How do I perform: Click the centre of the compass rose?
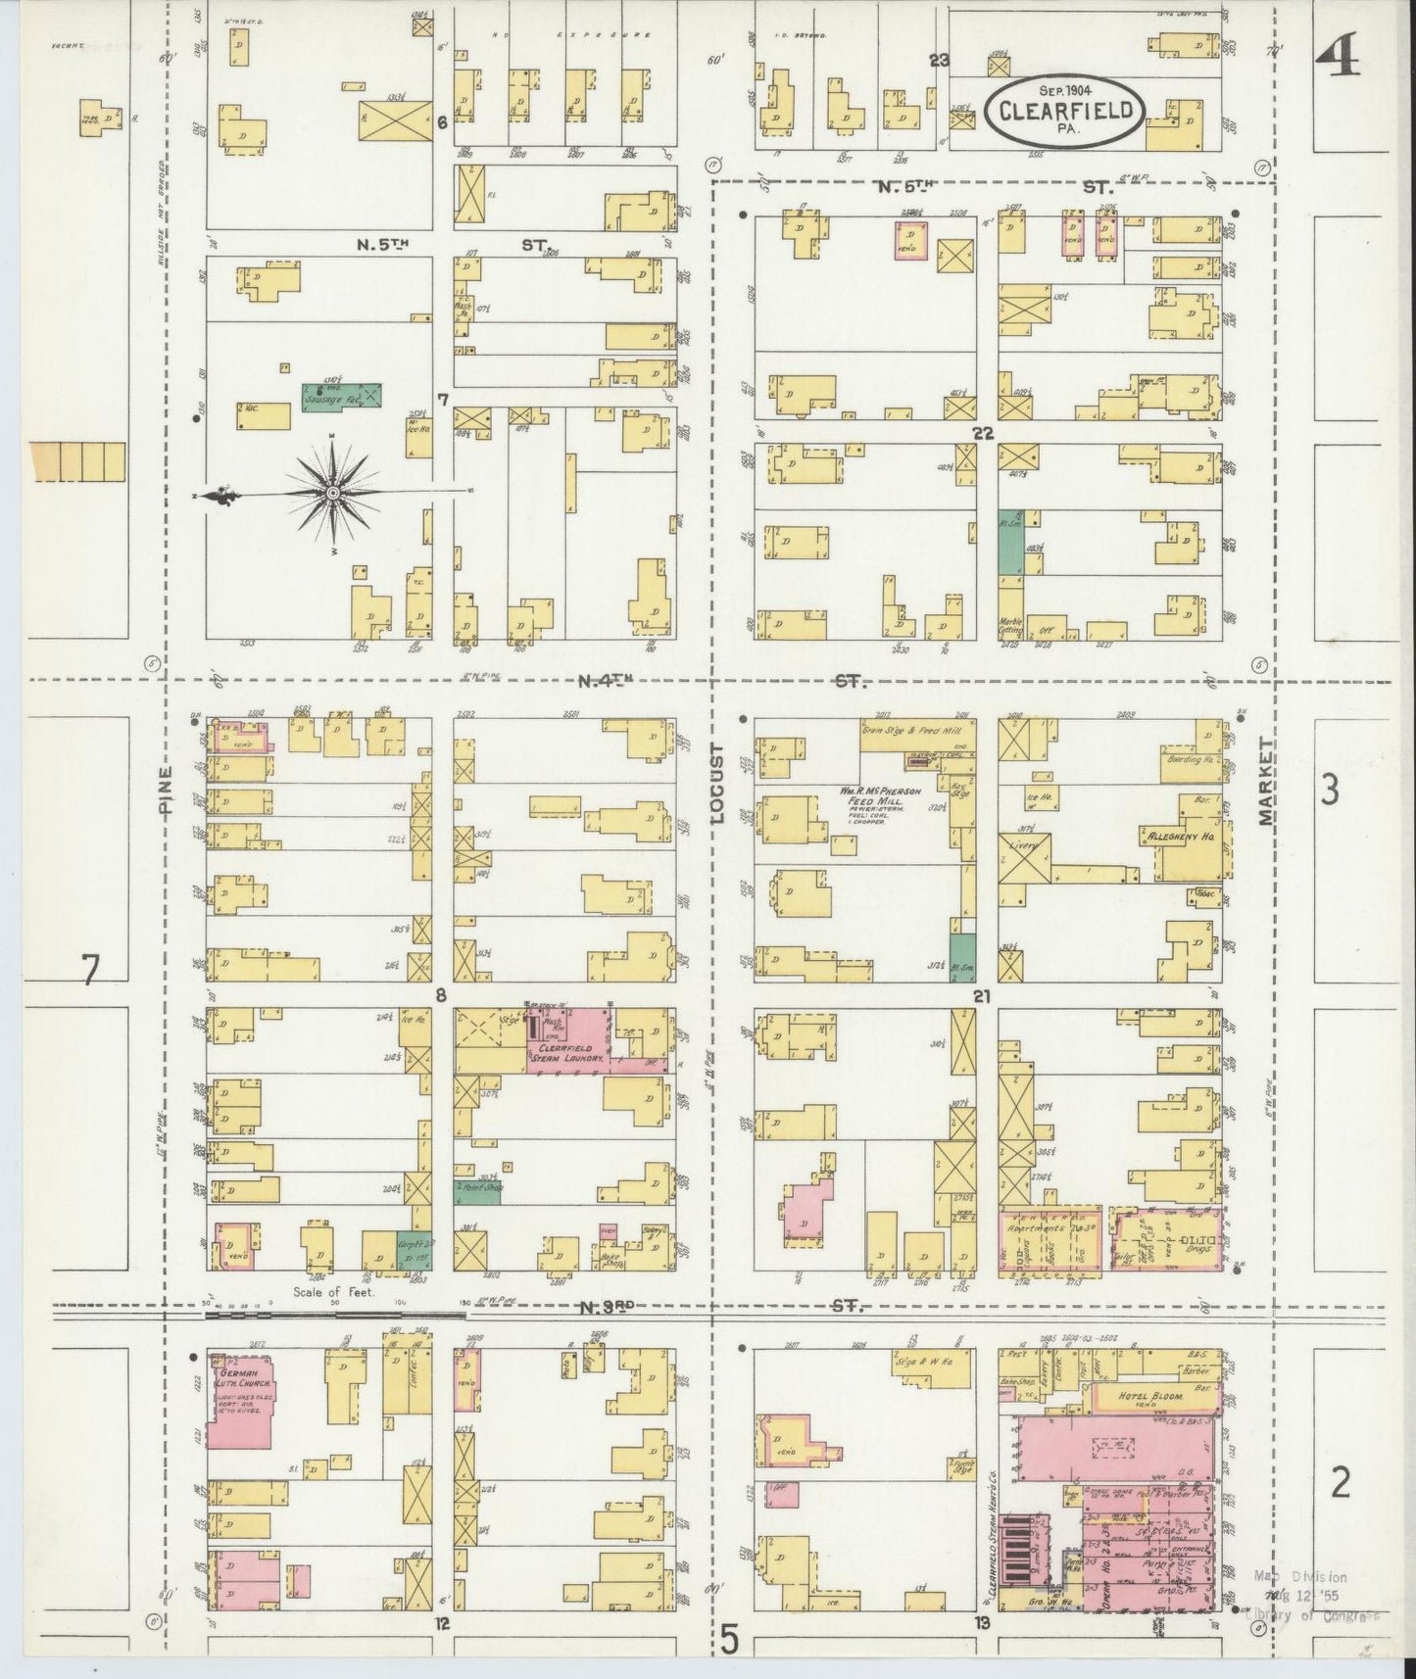tap(333, 492)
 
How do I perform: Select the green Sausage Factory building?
tap(340, 396)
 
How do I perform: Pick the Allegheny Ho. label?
tap(1177, 838)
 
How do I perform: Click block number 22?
tap(983, 432)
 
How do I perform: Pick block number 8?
tap(441, 996)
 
